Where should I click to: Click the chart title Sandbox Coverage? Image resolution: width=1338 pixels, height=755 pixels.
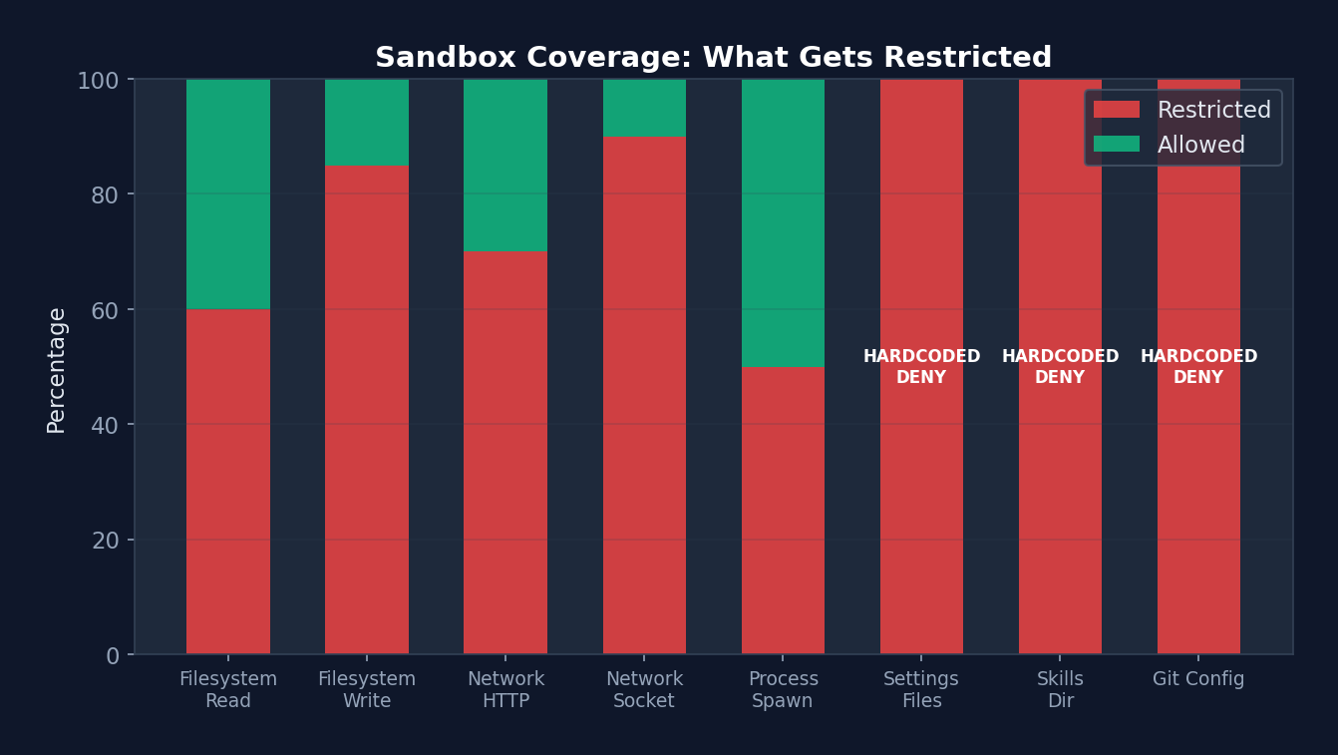713,58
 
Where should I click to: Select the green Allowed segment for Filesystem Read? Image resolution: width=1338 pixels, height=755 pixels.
228,193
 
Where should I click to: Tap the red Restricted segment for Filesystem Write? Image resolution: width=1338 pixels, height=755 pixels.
367,409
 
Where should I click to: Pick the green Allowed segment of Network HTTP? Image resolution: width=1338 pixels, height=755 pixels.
505,165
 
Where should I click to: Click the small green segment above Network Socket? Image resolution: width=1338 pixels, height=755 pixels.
644,108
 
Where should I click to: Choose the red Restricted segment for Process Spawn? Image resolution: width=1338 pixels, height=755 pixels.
783,510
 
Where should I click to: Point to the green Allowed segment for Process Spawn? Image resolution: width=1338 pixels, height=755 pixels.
783,222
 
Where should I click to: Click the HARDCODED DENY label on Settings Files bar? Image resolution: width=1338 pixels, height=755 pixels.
921,367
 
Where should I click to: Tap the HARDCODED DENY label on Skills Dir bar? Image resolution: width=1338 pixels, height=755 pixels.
1060,367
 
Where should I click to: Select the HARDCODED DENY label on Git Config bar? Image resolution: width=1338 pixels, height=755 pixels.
1198,367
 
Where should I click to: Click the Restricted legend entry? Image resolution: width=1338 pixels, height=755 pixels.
1182,110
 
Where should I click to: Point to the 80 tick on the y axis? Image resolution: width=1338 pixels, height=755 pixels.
105,194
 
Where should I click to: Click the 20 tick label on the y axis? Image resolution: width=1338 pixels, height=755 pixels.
105,540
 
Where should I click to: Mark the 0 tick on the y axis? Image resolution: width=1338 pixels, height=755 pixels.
112,655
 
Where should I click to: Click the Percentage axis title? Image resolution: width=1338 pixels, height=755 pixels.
57,370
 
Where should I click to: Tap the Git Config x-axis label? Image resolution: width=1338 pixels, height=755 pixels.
1198,679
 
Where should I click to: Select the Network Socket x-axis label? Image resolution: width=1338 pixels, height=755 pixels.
644,690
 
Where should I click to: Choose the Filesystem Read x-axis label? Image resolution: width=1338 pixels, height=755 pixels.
228,690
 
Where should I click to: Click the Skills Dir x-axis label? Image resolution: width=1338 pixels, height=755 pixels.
1060,690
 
